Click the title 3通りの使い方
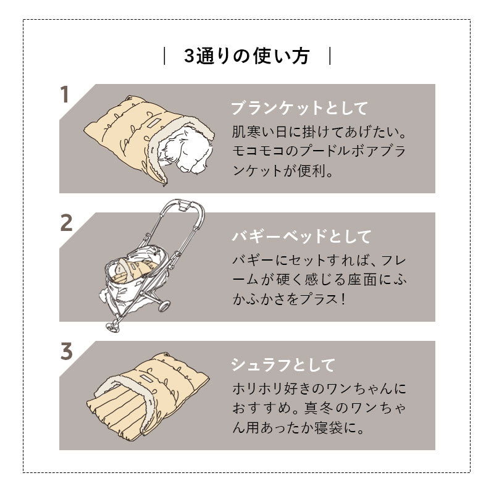click(x=246, y=56)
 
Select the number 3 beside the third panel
click(x=66, y=351)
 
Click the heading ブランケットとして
click(x=299, y=109)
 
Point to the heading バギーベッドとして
click(x=301, y=237)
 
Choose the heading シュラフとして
click(x=282, y=364)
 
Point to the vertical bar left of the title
click(x=164, y=56)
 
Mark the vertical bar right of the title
click(x=330, y=56)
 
